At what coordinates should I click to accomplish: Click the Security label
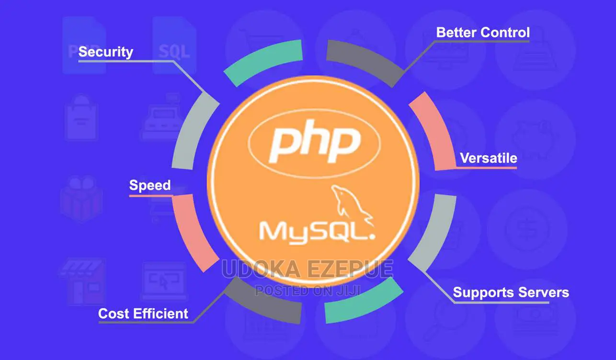[x=105, y=52]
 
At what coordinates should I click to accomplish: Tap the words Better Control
[x=483, y=33]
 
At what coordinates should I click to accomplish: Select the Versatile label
[x=489, y=158]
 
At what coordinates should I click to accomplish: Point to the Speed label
[x=150, y=185]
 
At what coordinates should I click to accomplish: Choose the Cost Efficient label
[x=143, y=314]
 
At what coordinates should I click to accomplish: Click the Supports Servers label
[x=511, y=292]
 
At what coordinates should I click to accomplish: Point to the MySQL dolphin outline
[x=352, y=205]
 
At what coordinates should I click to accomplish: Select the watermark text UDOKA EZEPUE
[x=308, y=269]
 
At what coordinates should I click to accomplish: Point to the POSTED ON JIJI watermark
[x=308, y=291]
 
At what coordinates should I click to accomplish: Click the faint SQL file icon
[x=174, y=45]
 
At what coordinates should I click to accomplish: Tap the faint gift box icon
[x=81, y=199]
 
